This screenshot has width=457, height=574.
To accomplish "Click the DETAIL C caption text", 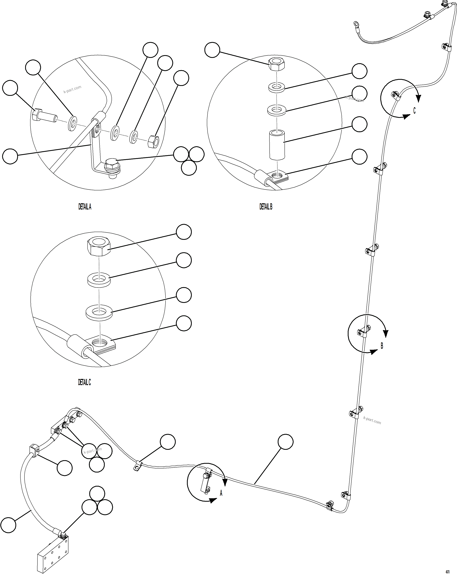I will pyautogui.click(x=84, y=382).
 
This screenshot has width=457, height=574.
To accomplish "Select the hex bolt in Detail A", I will pyautogui.click(x=44, y=116).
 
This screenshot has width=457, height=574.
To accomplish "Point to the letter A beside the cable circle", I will pyautogui.click(x=221, y=493).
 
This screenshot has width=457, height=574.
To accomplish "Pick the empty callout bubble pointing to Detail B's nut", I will pyautogui.click(x=212, y=50).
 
